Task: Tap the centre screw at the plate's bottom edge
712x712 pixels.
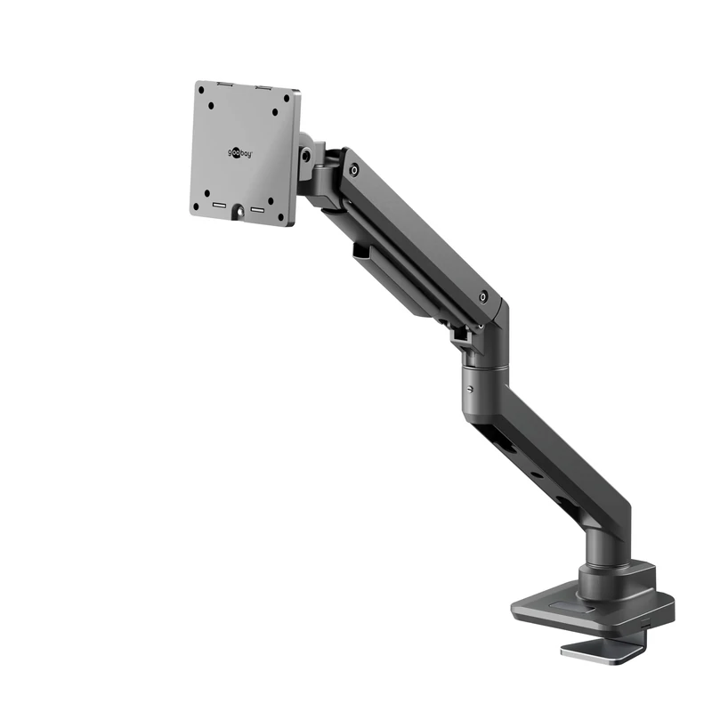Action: (x=239, y=213)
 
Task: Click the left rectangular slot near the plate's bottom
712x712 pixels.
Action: (x=218, y=206)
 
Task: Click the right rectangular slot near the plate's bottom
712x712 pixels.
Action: (x=259, y=211)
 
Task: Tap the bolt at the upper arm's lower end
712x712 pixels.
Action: (x=483, y=296)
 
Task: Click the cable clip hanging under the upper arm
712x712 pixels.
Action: (x=363, y=252)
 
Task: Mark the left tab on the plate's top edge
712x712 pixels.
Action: (x=225, y=85)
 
